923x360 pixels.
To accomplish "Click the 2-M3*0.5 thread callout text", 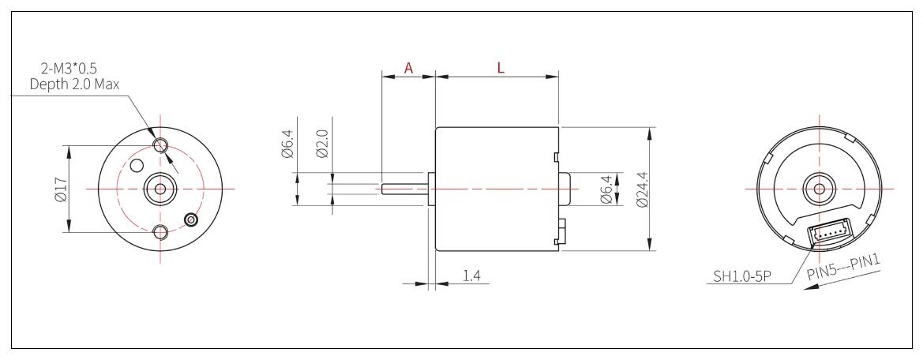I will [74, 69].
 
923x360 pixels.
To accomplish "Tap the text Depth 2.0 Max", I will [74, 84].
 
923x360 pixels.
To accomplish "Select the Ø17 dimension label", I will [60, 189].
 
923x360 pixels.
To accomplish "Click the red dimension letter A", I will [408, 68].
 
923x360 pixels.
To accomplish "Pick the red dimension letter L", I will [501, 68].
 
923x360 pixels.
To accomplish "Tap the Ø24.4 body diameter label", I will [640, 189].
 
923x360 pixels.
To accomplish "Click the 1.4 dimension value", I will [472, 276].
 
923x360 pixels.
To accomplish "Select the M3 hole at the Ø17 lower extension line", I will [161, 232].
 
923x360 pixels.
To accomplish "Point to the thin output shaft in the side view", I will [403, 189].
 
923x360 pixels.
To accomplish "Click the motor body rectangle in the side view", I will [496, 189].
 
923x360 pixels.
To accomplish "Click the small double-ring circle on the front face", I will [190, 219].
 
